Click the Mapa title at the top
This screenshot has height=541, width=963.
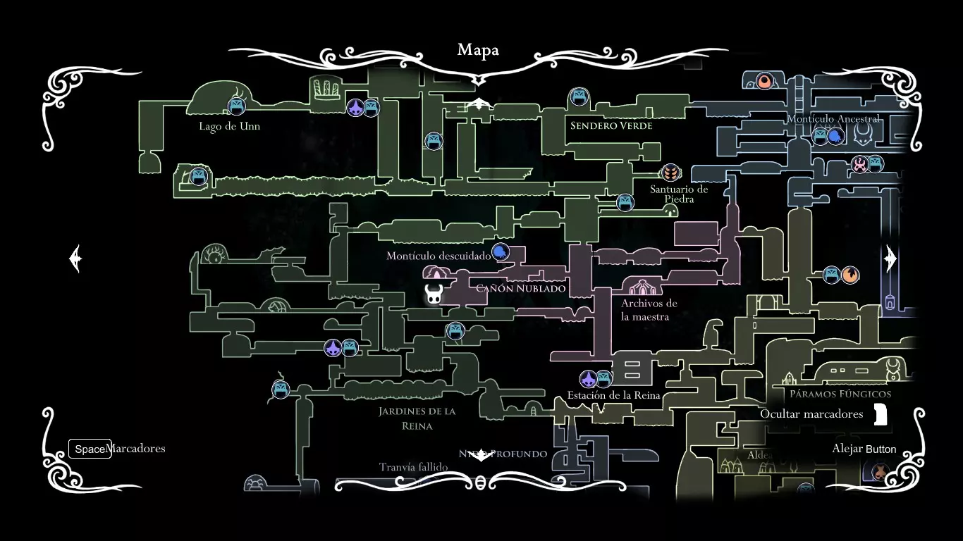(478, 50)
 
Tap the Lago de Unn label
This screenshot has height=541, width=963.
(229, 127)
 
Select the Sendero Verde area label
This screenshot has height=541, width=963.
(611, 126)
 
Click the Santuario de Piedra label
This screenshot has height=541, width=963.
(679, 194)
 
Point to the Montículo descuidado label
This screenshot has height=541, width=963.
(438, 256)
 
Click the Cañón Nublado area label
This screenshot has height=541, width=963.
(521, 288)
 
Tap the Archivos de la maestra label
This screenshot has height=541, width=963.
(649, 310)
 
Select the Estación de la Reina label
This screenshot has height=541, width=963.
(613, 395)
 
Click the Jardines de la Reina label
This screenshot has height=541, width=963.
(417, 418)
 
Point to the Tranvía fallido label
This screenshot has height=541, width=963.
(413, 467)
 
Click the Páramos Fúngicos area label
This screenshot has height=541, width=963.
(840, 394)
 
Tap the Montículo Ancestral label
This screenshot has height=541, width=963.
(833, 119)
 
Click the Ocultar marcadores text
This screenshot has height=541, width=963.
(811, 414)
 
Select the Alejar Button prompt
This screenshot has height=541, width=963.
(864, 449)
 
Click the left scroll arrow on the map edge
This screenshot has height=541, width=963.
(76, 259)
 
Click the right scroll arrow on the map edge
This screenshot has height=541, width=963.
(890, 259)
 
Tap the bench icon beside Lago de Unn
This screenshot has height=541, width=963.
(236, 106)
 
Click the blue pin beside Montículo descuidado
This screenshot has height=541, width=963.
(500, 252)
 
